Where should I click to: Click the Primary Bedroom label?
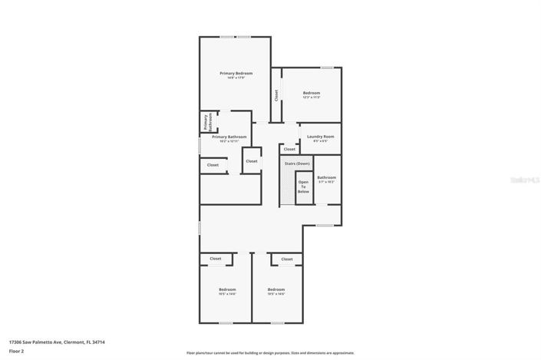click(236, 73)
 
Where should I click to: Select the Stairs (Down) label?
click(297, 163)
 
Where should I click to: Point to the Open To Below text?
click(304, 187)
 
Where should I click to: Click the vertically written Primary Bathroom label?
click(206, 122)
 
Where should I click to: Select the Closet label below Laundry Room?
click(289, 149)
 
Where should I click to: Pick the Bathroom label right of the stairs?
click(327, 177)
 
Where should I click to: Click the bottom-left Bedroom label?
click(227, 289)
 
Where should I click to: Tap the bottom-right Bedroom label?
click(276, 289)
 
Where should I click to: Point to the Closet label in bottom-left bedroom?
click(216, 259)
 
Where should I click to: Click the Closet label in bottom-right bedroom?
click(286, 259)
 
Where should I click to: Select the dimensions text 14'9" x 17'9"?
click(236, 78)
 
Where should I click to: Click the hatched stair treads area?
click(287, 189)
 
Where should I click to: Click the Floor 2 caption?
click(16, 350)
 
